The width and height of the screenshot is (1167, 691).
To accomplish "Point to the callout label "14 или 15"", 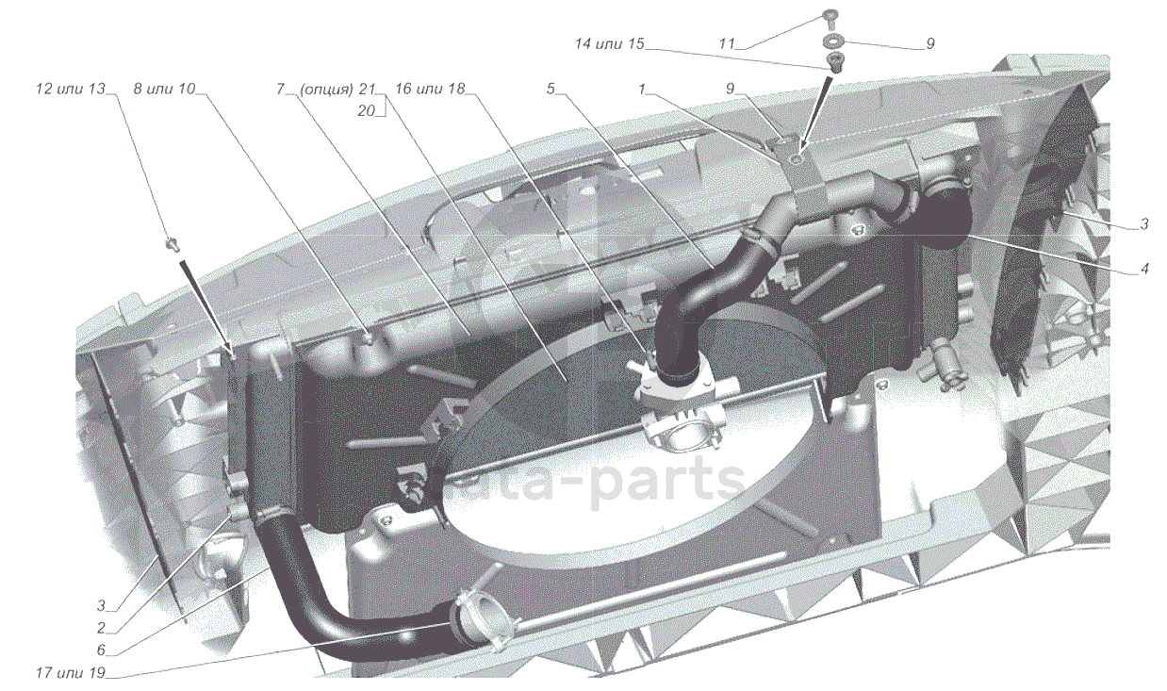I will [x=609, y=43].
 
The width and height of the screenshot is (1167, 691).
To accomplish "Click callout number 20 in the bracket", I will [x=367, y=110].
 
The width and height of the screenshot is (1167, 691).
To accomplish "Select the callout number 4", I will [x=1144, y=269].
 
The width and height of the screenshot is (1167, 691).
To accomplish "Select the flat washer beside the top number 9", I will [x=833, y=42].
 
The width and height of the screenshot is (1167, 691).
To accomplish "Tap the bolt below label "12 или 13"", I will [x=173, y=245].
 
